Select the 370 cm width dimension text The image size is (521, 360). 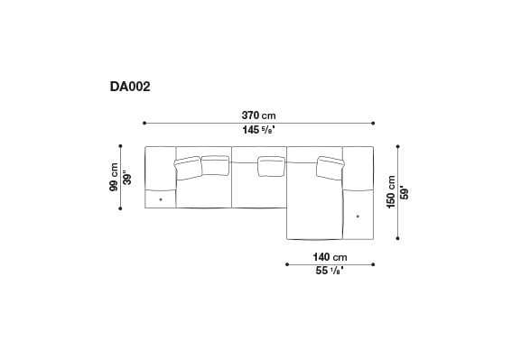point(259,115)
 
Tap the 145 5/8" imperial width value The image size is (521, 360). point(259,130)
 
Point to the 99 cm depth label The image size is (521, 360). point(115,177)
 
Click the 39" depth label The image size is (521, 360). point(128,178)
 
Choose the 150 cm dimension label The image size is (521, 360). point(390,192)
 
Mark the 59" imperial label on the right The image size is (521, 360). point(404,192)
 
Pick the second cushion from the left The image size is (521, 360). point(215,164)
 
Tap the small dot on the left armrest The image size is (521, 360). point(160,198)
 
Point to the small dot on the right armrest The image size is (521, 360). point(358,215)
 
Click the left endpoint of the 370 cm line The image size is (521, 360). point(144,124)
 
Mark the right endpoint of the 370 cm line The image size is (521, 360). point(374,124)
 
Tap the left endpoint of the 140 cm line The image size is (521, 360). point(287,264)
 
